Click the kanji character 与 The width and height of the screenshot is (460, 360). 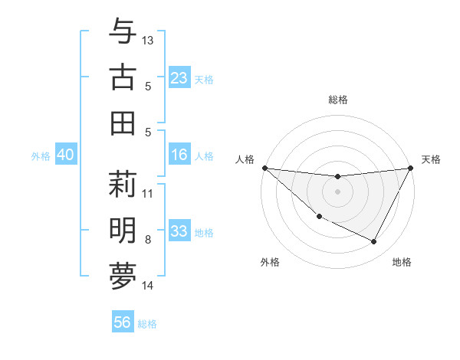(x=123, y=32)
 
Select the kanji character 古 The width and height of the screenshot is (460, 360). (x=123, y=77)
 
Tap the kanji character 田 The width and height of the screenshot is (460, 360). (x=123, y=123)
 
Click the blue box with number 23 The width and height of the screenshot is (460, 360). (x=179, y=78)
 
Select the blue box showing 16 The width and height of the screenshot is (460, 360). (x=179, y=155)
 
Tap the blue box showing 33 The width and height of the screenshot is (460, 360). (x=179, y=232)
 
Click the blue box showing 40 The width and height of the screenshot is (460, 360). (x=65, y=155)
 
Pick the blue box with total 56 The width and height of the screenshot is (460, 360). (x=123, y=322)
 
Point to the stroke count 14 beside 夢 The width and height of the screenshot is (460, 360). (x=148, y=286)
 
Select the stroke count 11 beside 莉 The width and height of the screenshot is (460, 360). (x=148, y=193)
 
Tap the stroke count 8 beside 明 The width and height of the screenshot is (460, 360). (x=148, y=240)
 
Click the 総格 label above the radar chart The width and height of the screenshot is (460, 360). (x=338, y=100)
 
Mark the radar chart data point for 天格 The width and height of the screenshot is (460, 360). (x=411, y=168)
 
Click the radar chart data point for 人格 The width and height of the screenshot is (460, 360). (x=264, y=168)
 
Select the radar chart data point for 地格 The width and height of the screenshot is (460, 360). (x=374, y=242)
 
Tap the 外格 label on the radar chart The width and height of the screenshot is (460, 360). (x=270, y=262)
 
